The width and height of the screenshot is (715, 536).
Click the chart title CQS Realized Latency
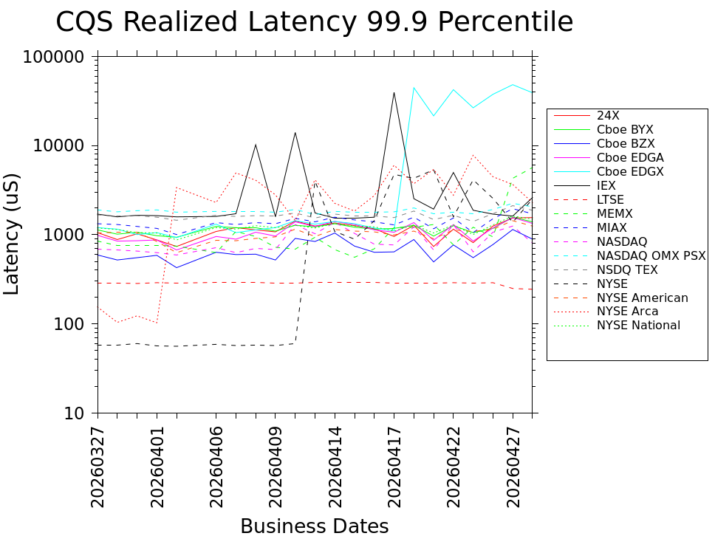[x=314, y=22]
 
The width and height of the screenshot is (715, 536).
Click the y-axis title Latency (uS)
[x=13, y=234]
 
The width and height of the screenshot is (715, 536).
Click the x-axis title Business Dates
[x=314, y=526]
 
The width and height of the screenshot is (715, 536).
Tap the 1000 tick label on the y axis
[x=70, y=235]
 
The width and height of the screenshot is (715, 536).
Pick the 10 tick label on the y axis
[x=79, y=413]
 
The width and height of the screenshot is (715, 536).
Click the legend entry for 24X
[x=607, y=116]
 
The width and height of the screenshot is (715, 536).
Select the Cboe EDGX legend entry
[x=630, y=172]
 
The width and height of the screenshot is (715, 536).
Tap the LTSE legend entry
[x=610, y=200]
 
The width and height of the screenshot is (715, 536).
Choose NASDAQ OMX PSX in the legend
[x=651, y=256]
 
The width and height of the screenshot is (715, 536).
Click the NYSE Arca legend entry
[x=627, y=312]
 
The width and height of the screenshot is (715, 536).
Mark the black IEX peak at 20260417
[x=394, y=93]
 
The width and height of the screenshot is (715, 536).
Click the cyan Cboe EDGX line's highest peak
[x=513, y=84]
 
